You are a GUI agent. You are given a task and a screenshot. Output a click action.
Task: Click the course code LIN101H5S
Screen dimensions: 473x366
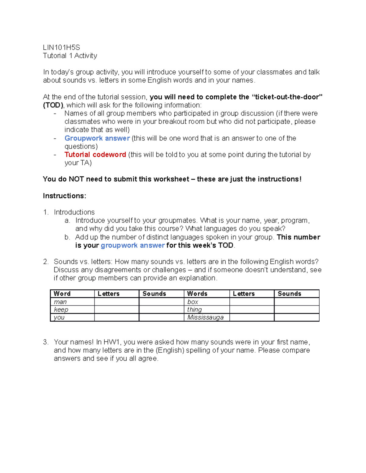pos(61,48)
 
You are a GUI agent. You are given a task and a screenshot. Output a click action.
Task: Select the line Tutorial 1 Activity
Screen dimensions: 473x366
pos(70,56)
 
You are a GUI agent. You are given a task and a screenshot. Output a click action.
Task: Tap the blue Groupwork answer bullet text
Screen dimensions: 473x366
pos(97,138)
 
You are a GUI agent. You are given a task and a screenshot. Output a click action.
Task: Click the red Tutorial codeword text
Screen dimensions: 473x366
pos(95,155)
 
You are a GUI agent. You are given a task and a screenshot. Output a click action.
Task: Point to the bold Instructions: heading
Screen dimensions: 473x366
pos(64,196)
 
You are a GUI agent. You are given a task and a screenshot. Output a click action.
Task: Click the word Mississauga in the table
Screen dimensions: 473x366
pos(205,317)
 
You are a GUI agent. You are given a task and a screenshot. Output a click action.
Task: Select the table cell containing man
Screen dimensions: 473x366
pos(72,302)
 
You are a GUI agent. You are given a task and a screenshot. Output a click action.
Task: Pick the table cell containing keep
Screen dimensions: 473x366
pos(72,310)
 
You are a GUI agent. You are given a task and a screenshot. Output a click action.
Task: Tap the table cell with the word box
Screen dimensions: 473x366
pos(206,302)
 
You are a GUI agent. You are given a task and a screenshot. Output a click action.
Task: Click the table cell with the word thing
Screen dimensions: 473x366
pos(206,310)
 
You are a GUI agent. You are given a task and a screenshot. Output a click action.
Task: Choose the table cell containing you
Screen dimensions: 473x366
pos(72,317)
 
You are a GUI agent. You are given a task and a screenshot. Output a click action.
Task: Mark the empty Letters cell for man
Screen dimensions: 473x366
pos(117,302)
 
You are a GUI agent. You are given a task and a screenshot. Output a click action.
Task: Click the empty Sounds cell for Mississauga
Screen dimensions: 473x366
pos(296,317)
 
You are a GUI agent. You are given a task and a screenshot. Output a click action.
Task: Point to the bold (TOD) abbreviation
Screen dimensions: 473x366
pos(53,105)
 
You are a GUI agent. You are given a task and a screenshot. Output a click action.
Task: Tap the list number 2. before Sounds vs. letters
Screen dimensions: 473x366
pos(46,262)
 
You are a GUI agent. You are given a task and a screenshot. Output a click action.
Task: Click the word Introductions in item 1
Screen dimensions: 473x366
pos(74,212)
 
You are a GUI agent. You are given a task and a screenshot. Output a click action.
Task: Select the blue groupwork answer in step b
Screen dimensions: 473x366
pos(133,245)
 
